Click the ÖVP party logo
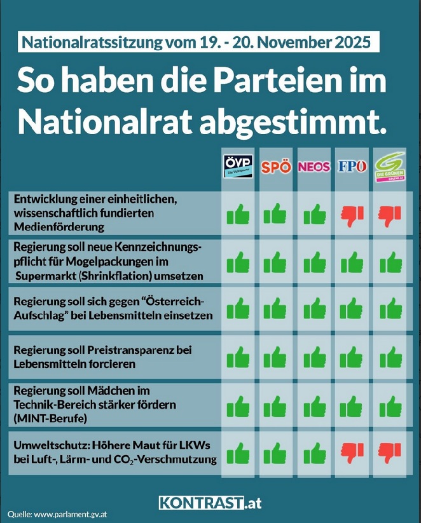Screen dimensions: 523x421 [x=238, y=167]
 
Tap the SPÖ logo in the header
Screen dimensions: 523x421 [x=276, y=168]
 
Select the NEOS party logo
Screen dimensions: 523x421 [x=314, y=167]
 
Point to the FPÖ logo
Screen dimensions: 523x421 [x=352, y=167]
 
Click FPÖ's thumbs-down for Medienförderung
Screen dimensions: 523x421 [x=352, y=215]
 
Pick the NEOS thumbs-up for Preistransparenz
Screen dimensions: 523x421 [x=314, y=358]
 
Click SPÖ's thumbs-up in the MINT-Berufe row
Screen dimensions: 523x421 [x=276, y=405]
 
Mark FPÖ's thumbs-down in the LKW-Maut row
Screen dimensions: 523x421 [x=352, y=452]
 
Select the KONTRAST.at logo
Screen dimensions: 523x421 [x=210, y=503]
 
